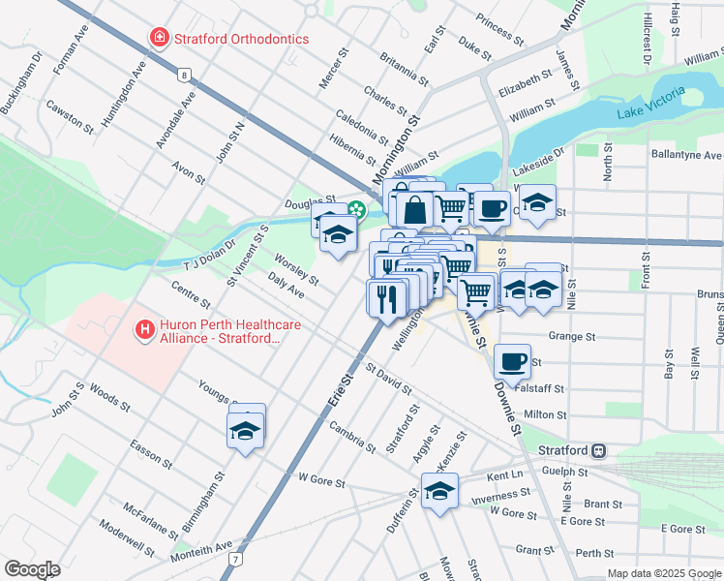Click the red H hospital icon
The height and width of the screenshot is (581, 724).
point(145,331)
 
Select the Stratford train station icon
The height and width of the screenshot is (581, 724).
point(599,451)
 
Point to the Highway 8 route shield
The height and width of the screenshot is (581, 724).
point(183,74)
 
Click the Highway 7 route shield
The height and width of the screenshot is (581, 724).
point(235,559)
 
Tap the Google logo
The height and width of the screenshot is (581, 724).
point(32,569)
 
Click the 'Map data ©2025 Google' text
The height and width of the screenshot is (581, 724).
point(663,573)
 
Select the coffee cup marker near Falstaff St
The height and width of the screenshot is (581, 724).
point(512,361)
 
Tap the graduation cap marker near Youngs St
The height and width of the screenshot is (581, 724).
point(246,430)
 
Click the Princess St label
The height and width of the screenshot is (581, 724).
point(500,30)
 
